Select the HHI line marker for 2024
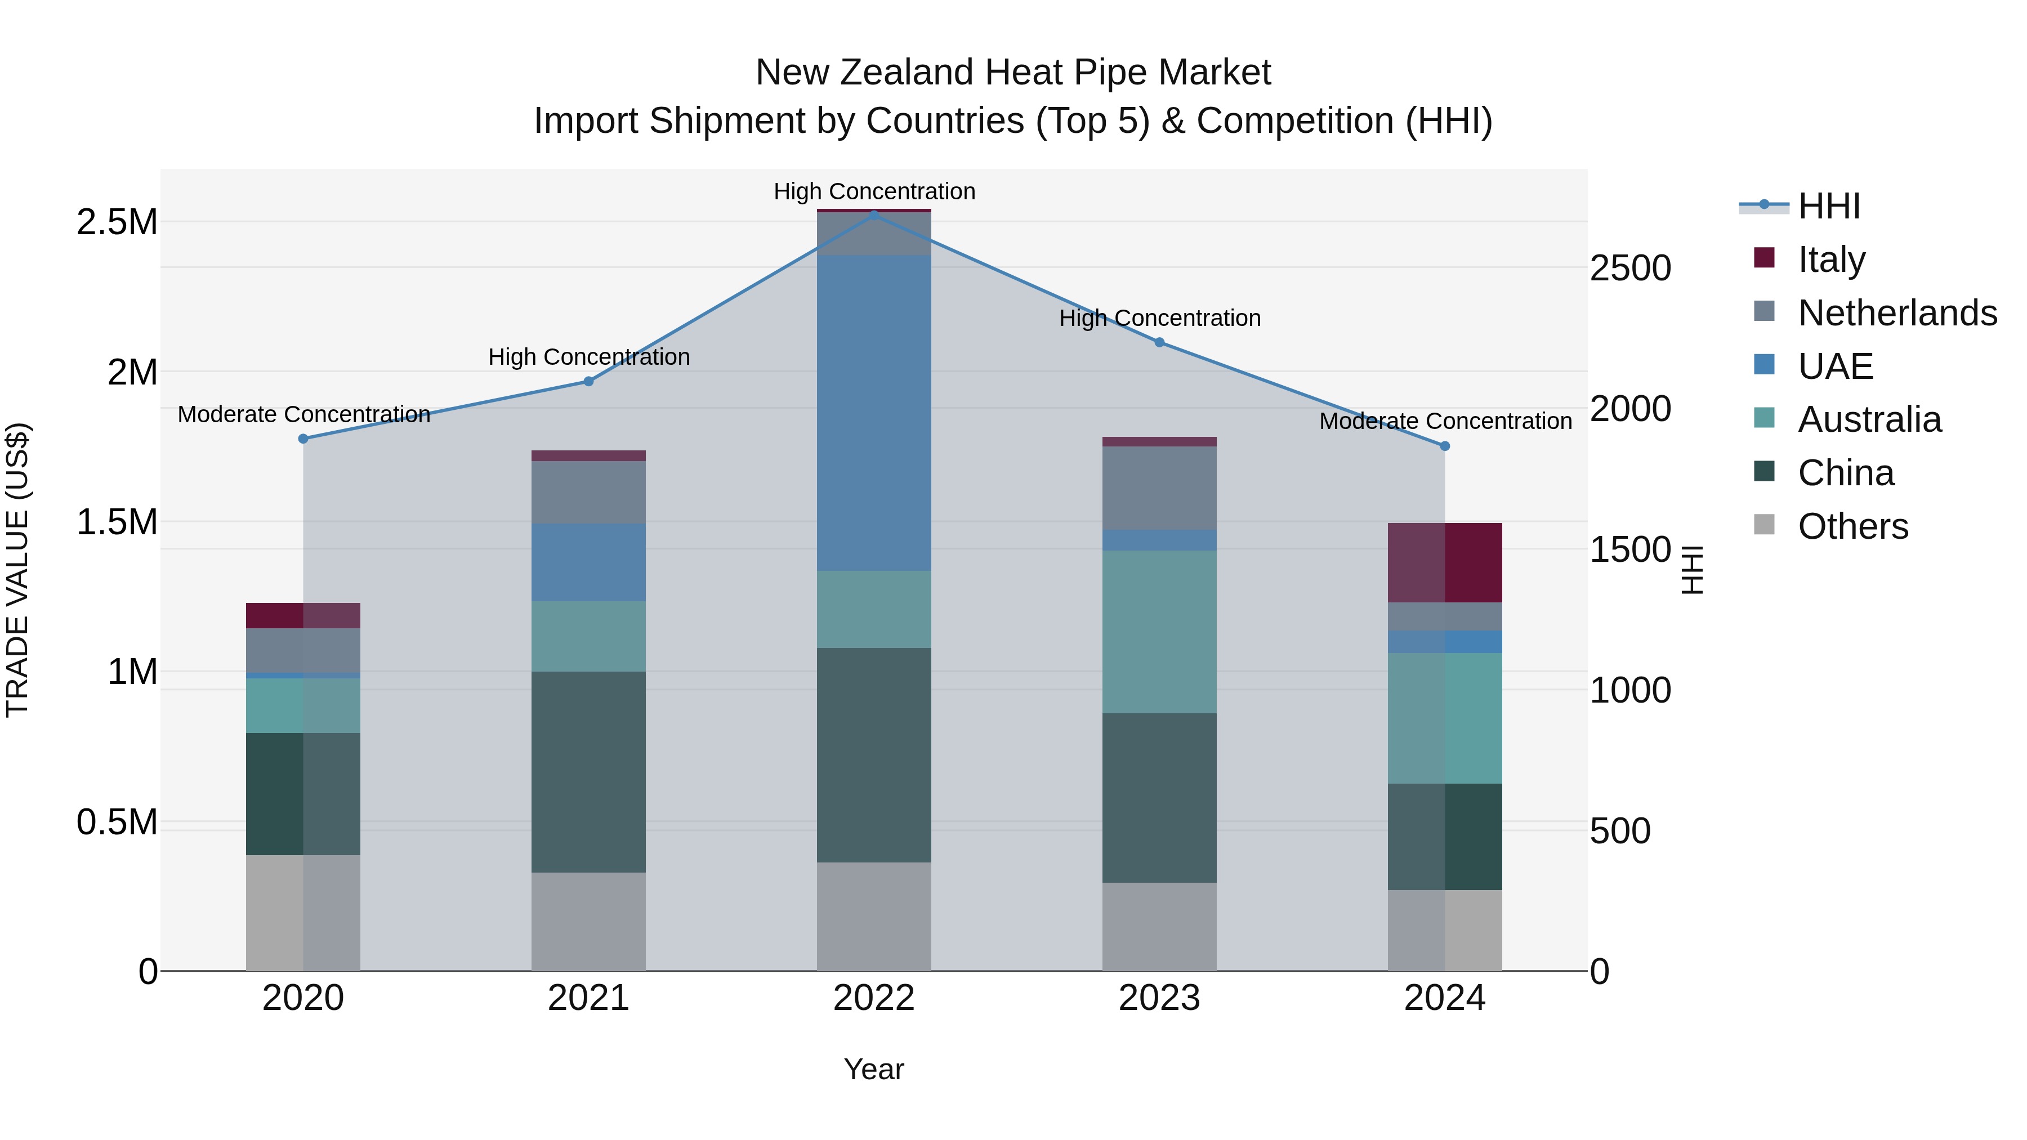click(x=1445, y=446)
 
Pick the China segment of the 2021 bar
click(x=588, y=771)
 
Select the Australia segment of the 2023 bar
click(x=1159, y=631)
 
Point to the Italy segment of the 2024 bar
click(x=1445, y=562)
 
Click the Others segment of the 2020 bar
click(x=303, y=913)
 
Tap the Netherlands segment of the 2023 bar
click(x=1159, y=488)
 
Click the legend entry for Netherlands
click(x=1896, y=312)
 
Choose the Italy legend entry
click(x=1830, y=259)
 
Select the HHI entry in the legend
click(x=1828, y=206)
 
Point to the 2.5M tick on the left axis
click(x=117, y=222)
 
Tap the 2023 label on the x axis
click(x=1159, y=998)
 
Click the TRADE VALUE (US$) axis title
click(x=18, y=570)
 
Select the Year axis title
click(x=873, y=1069)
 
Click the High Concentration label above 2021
click(x=588, y=356)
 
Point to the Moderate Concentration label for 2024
click(x=1445, y=421)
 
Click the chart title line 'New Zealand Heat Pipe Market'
click(x=1013, y=73)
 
